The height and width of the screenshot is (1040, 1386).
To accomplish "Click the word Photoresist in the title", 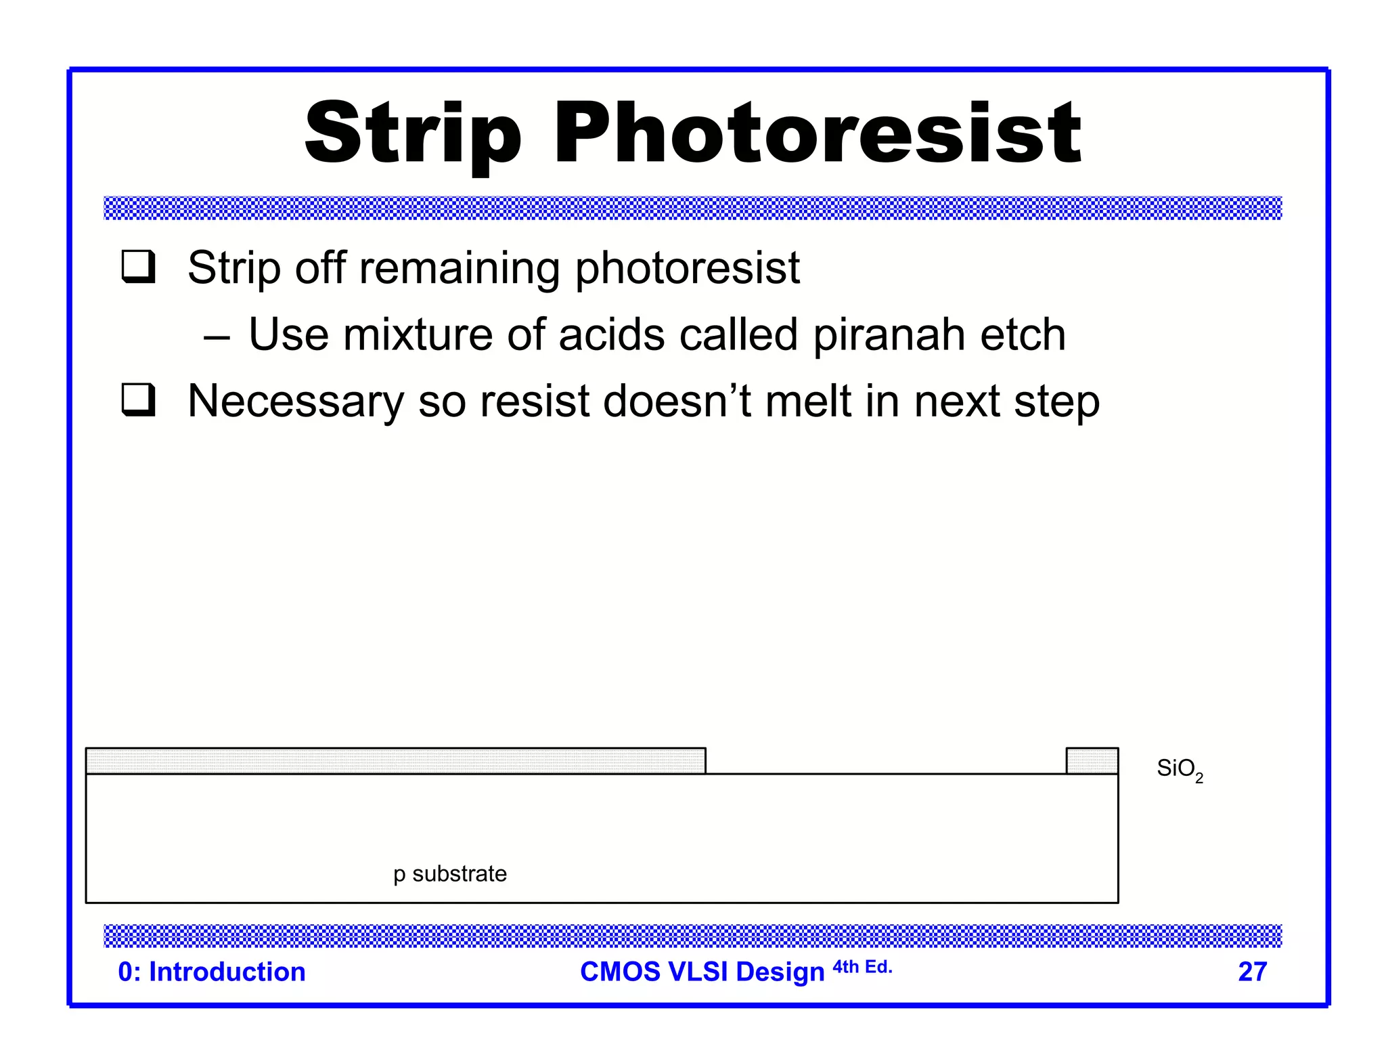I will [818, 133].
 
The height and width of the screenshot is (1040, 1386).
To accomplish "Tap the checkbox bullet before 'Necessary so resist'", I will [139, 399].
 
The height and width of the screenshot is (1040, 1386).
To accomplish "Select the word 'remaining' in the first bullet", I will [460, 268].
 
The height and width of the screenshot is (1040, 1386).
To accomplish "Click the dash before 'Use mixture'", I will [217, 337].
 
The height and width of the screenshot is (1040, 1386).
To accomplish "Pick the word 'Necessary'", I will [296, 401].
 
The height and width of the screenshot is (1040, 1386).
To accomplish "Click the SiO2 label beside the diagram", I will [1180, 769].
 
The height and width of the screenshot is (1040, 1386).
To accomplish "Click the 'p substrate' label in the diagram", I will [450, 874].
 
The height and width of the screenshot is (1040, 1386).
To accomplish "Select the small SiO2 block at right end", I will [1092, 761].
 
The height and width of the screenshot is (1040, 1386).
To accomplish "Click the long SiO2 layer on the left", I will [396, 761].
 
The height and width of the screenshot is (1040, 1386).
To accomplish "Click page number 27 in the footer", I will [1252, 972].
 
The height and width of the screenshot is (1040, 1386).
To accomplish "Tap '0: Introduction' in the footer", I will [212, 972].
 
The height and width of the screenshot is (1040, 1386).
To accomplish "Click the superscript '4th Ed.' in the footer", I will [862, 967].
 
